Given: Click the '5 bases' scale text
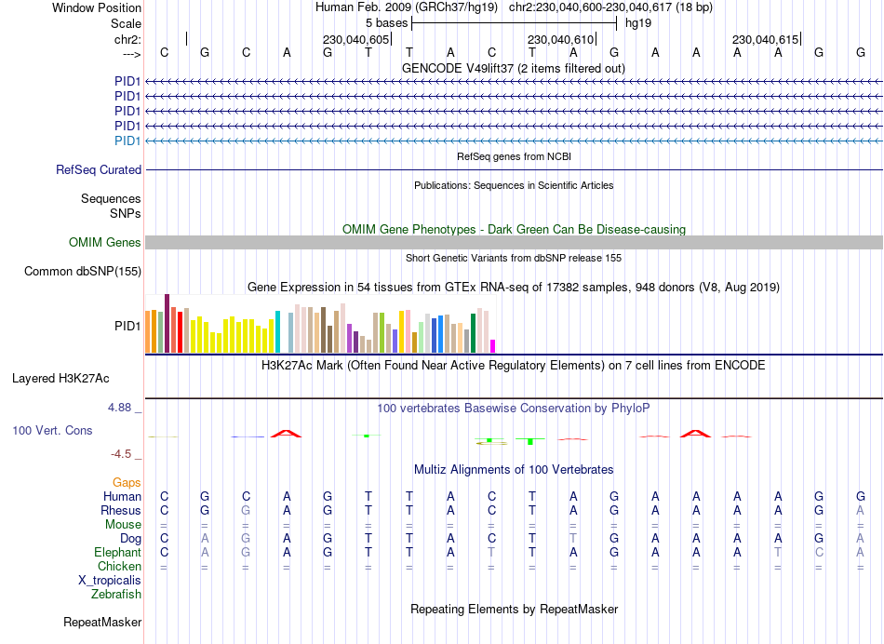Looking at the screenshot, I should [x=386, y=22].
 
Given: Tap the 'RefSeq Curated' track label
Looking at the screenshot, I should [x=99, y=170].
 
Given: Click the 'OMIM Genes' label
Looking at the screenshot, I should [x=105, y=243].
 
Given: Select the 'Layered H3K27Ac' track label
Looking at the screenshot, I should [x=60, y=379].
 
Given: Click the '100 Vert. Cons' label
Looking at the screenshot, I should [x=52, y=431].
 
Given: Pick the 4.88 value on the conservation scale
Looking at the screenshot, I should [x=123, y=408].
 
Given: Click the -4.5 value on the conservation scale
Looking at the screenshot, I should [x=123, y=454].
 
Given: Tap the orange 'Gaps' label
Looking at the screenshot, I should [x=127, y=483].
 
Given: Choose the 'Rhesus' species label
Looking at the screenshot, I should [x=121, y=511].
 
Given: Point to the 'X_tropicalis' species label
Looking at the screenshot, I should [x=110, y=581].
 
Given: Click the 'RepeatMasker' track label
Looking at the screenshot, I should [x=102, y=622].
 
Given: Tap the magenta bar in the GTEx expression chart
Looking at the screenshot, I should [x=493, y=346].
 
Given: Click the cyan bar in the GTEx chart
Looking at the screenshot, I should [x=278, y=332].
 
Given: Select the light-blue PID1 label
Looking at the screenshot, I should [x=127, y=141].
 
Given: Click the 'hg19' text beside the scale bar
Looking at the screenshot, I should [x=638, y=22].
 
